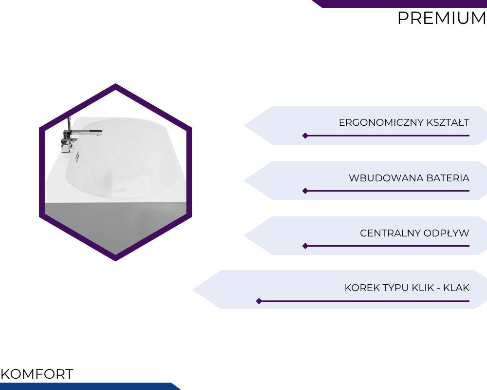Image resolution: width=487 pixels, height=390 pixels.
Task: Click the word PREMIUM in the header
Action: [x=442, y=18]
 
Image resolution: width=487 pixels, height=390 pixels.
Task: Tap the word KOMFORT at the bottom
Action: [x=37, y=374]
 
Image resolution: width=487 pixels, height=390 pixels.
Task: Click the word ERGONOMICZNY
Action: [x=381, y=122]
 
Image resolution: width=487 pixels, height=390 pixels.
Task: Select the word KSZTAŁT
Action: [x=448, y=122]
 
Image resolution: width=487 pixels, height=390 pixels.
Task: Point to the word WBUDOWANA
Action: [x=386, y=178]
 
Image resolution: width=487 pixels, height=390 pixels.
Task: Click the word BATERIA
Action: [x=448, y=178]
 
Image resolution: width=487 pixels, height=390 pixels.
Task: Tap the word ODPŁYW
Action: [x=446, y=233]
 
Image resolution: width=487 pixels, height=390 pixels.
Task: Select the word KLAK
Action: [x=456, y=288]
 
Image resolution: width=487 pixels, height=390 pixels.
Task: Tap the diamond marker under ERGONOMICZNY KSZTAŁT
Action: [x=305, y=136]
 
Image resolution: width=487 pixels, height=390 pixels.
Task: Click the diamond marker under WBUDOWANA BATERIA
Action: [x=305, y=191]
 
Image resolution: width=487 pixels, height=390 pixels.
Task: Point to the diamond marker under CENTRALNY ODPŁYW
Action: [x=305, y=246]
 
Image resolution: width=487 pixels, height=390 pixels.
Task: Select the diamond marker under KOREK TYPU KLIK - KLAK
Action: [x=259, y=301]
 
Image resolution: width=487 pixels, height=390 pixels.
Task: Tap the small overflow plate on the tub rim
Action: [x=77, y=156]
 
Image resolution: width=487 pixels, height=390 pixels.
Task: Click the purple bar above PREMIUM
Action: [x=399, y=3]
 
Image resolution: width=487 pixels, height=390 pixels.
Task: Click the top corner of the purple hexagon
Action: [x=115, y=83]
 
